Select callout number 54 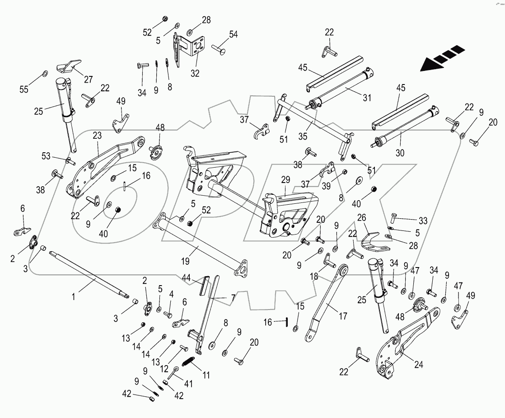pyautogui.click(x=234, y=34)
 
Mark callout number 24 pyautogui.click(x=419, y=364)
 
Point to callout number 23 pyautogui.click(x=98, y=135)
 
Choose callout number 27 pyautogui.click(x=88, y=80)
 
